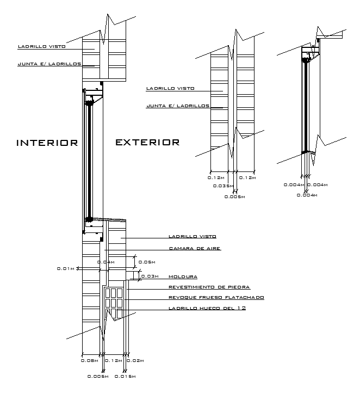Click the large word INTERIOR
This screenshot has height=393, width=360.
click(x=47, y=143)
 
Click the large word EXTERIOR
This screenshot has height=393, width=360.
click(x=147, y=143)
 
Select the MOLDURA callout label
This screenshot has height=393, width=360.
click(x=183, y=277)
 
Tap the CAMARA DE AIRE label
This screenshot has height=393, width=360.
click(x=195, y=248)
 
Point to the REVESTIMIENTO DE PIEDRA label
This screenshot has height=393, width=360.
click(x=209, y=287)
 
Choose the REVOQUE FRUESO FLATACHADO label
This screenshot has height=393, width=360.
click(x=216, y=298)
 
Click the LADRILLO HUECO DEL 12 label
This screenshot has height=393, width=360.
click(x=207, y=308)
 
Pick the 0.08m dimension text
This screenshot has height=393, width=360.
click(x=89, y=361)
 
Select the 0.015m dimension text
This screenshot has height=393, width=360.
click(x=125, y=377)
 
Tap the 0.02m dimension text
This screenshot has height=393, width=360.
click(x=135, y=361)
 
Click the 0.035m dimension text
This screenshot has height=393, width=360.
click(x=224, y=186)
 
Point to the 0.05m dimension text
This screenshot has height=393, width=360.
click(x=147, y=262)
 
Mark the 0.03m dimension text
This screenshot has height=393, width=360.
click(x=150, y=277)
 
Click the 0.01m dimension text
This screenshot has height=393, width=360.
click(x=66, y=269)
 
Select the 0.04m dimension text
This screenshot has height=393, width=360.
click(x=106, y=262)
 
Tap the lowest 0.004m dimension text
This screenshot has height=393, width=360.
click(x=307, y=195)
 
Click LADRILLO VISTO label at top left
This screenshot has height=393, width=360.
click(x=42, y=46)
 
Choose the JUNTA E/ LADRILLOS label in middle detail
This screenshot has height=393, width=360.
click(x=178, y=106)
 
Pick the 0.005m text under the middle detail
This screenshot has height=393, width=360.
click(x=234, y=196)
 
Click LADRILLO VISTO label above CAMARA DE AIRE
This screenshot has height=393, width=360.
click(x=193, y=236)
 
